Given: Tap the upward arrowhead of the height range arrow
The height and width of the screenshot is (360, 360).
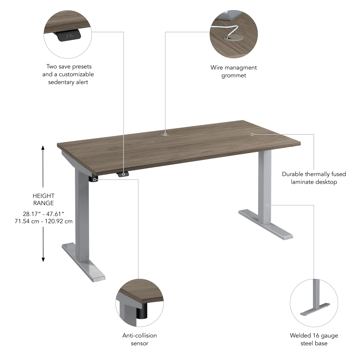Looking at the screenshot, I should click(x=43, y=148).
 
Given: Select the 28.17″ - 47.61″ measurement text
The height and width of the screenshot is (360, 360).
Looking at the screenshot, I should click(x=43, y=214).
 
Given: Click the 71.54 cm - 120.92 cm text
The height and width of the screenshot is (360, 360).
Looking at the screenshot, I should click(x=43, y=221).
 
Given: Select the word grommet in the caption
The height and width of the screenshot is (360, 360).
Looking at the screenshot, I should click(x=234, y=75).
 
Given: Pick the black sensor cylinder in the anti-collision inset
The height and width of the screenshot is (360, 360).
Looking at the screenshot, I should click(x=142, y=311).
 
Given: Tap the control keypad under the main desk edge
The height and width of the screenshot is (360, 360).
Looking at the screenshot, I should click(x=123, y=174).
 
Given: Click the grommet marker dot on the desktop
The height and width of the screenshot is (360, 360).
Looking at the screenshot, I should click(x=165, y=134).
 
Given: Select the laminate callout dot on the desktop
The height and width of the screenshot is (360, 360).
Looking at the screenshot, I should click(x=252, y=134).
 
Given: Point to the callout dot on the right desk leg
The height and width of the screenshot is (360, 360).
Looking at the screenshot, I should click(x=267, y=205).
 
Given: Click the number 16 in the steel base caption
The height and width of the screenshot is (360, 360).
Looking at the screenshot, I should click(x=315, y=336).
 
